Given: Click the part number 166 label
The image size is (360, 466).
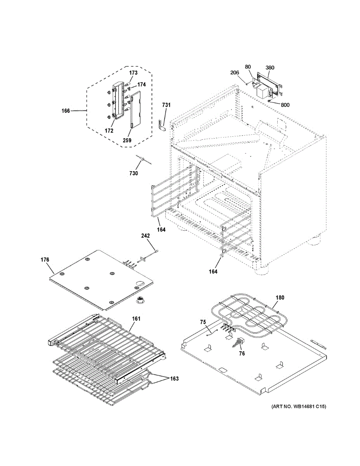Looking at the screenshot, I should tap(66, 111).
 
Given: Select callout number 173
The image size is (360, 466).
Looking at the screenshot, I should tap(133, 73).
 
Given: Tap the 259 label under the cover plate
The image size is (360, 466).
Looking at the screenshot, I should tap(127, 140).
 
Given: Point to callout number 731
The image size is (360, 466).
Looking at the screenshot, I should tap(166, 105).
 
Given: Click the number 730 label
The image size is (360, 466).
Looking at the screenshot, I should tap(133, 173).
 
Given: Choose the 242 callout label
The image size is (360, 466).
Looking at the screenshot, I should tap(145, 236).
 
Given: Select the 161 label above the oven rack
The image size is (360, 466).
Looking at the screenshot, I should tap(136, 319).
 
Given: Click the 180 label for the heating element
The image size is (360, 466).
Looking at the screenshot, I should tap(280, 298).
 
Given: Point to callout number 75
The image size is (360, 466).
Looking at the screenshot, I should tap(203, 322).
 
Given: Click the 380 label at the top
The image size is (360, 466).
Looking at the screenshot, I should tap(270, 68).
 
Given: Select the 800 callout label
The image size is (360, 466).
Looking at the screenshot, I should tap(285, 104).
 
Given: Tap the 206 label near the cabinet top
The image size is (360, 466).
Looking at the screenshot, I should tap(235, 73).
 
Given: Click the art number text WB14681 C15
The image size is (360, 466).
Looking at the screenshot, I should tap(296, 407).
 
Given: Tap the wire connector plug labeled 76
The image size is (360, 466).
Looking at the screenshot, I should tap(237, 341).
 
